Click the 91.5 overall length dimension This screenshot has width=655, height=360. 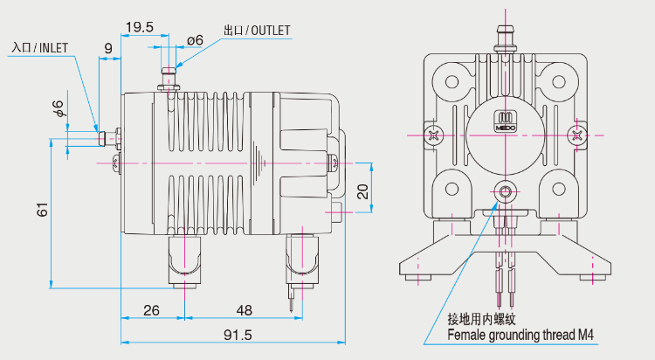tap(238, 335)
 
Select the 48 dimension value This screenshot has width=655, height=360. tap(244, 310)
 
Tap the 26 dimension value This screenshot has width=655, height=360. tap(151, 310)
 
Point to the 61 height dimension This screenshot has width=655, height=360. tap(41, 211)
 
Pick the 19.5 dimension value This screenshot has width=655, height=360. tap(139, 27)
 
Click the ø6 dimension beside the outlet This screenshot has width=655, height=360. tap(195, 40)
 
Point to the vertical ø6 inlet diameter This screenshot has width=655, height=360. tap(58, 109)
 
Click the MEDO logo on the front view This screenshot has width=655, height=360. tap(507, 122)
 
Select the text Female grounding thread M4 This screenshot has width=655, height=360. tap(520, 335)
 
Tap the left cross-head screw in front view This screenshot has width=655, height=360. tap(436, 135)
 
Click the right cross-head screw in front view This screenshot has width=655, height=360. tap(577, 135)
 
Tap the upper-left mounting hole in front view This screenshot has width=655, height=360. tap(452, 80)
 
